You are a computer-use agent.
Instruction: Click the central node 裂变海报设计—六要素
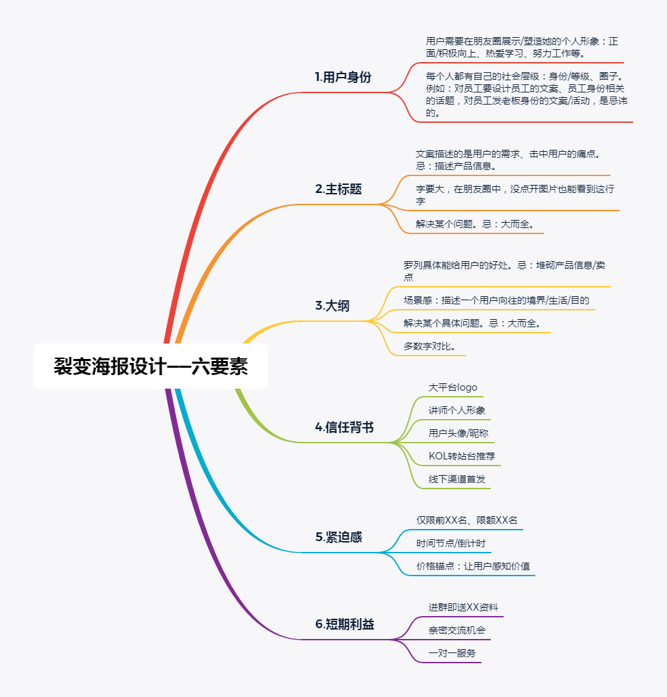tap(151, 366)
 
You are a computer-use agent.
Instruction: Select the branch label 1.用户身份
tap(343, 77)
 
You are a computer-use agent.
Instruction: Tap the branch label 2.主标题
tap(338, 189)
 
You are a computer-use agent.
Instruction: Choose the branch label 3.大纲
tap(332, 306)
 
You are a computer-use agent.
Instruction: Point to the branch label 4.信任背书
tap(344, 427)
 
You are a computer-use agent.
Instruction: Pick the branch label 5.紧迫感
tap(338, 537)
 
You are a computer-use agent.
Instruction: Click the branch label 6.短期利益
tap(344, 624)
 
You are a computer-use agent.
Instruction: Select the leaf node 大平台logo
tap(453, 387)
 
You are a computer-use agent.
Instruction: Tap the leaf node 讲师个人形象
tap(457, 410)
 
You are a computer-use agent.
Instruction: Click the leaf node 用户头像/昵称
tap(458, 433)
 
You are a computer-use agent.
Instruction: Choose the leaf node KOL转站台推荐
tap(462, 456)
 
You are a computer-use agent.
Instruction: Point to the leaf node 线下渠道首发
tap(457, 479)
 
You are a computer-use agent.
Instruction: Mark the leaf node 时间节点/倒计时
tap(450, 543)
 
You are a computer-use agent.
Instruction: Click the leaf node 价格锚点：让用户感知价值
tap(473, 566)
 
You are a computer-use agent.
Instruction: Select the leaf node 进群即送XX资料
tap(463, 607)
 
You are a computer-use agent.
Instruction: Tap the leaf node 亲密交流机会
tap(457, 630)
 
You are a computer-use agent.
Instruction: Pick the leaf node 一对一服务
tap(452, 653)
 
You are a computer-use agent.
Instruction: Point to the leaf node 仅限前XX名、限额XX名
tap(466, 520)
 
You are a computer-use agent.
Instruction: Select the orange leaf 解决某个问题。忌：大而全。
tap(475, 224)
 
